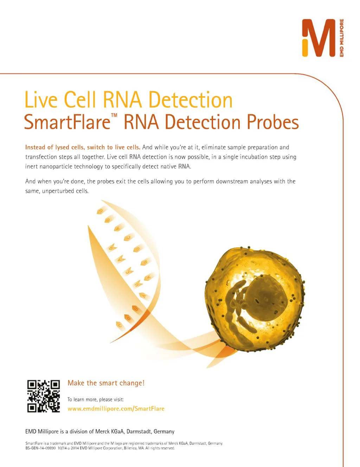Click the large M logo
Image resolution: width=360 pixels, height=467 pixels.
coord(319,38)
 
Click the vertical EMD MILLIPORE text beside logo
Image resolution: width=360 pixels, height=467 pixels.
coord(341,38)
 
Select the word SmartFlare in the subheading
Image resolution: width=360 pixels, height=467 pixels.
coord(67,122)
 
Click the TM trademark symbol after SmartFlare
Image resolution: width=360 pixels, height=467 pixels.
coord(114,115)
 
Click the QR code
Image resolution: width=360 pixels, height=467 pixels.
coord(43,396)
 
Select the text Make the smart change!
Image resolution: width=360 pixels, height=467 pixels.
coord(106,383)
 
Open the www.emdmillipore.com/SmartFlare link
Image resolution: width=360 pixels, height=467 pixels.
coord(116,409)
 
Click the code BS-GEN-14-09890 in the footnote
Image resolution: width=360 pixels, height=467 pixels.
coord(40,448)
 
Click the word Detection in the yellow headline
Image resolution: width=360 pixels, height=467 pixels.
coord(191,99)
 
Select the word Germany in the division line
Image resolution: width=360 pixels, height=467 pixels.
coord(164,432)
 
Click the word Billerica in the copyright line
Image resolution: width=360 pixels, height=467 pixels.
coord(130,448)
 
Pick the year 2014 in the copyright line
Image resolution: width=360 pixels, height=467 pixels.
coord(75,448)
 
